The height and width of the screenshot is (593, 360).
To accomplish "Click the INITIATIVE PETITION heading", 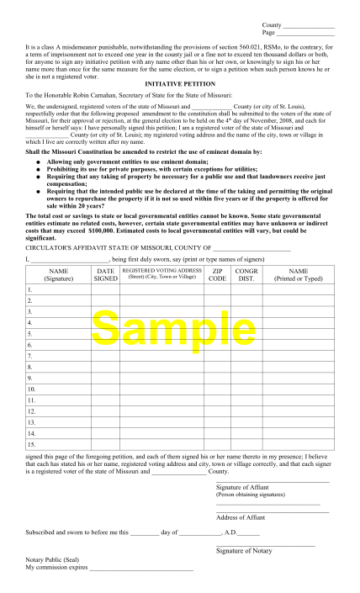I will (180, 86).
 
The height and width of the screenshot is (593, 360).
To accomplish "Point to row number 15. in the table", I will (32, 443).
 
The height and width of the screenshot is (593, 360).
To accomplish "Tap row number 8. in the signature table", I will (30, 366).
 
